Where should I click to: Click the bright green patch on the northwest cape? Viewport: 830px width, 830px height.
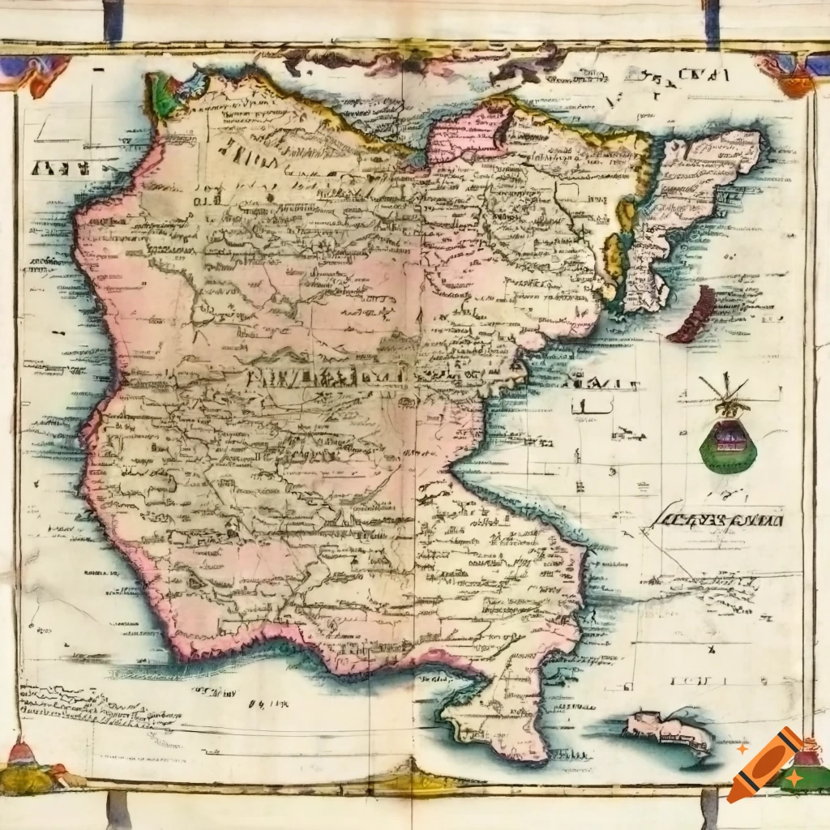[x=162, y=95]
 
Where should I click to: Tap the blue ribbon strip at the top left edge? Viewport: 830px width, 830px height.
[x=113, y=21]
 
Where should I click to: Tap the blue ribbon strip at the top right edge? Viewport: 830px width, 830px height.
[x=712, y=21]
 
